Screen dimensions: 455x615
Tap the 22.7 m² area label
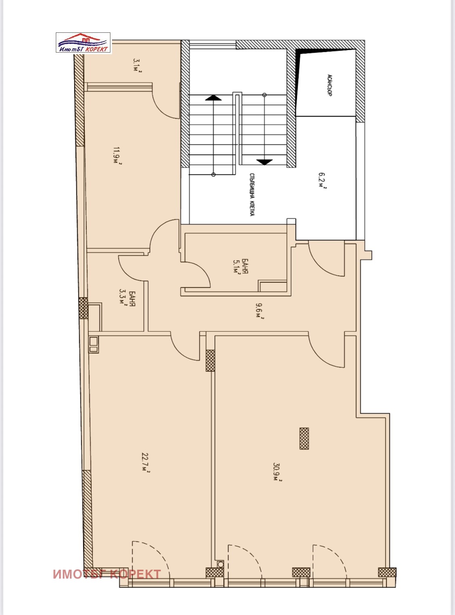(x=146, y=462)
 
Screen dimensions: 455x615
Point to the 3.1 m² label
(x=138, y=65)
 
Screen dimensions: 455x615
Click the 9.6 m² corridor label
(x=260, y=311)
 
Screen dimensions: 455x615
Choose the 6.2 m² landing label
(x=322, y=180)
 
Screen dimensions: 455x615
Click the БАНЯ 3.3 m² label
(x=127, y=297)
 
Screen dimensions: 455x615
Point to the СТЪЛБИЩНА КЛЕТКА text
(x=252, y=194)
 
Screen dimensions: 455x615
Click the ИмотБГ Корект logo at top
(x=83, y=43)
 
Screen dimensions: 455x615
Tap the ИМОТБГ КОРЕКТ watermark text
(x=107, y=574)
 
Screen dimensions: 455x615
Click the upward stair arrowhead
(x=213, y=98)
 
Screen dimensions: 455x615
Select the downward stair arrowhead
(x=264, y=162)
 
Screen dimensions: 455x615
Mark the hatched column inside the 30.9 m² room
(x=304, y=438)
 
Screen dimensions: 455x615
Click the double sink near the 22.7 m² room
(x=93, y=344)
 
